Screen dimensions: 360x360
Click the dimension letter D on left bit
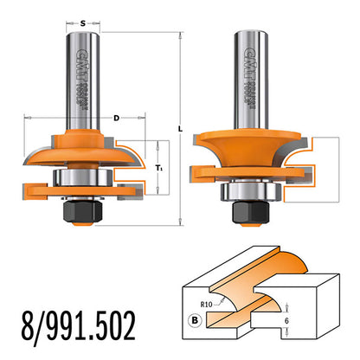click(x=114, y=119)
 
